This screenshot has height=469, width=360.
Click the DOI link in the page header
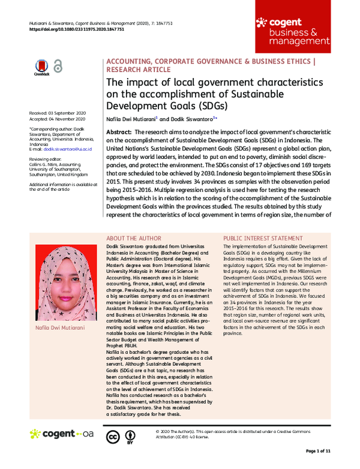[x=76, y=28]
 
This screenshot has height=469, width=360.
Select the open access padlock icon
[x=58, y=66]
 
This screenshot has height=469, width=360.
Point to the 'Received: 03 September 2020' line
[x=58, y=113]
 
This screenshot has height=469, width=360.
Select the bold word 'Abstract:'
[x=118, y=131]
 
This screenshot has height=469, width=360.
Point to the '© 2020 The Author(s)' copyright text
[x=185, y=431]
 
